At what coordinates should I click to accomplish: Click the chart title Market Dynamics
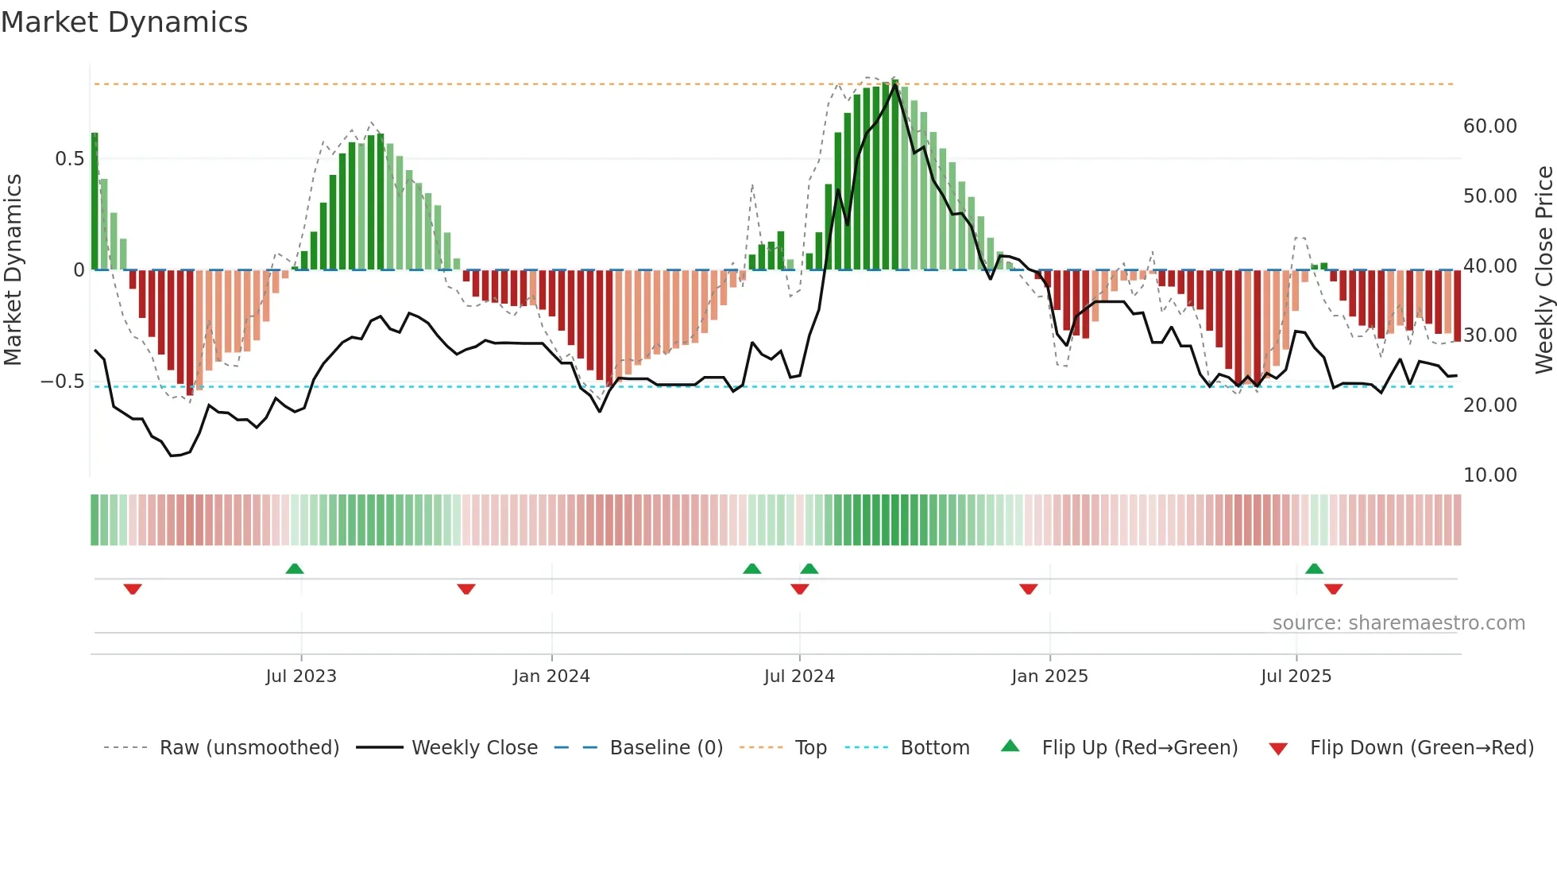click(x=125, y=22)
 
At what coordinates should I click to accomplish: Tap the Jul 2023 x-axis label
click(x=301, y=676)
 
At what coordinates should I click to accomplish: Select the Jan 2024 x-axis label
click(x=551, y=676)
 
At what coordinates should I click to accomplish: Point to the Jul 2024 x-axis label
click(x=799, y=676)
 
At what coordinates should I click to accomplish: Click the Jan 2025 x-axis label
click(x=1049, y=676)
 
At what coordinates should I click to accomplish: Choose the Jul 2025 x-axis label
click(x=1296, y=676)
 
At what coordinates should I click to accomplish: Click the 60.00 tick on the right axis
click(x=1489, y=126)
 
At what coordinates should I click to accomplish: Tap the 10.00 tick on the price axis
click(x=1489, y=475)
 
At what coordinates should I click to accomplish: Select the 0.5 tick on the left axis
click(x=69, y=159)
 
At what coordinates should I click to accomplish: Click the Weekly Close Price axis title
click(x=1543, y=269)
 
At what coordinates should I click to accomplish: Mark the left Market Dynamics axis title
click(x=13, y=269)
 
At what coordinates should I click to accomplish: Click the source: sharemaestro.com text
click(x=1398, y=623)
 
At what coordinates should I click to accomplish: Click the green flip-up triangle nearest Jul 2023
click(x=295, y=568)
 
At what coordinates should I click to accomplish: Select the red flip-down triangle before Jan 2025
click(x=1028, y=589)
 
